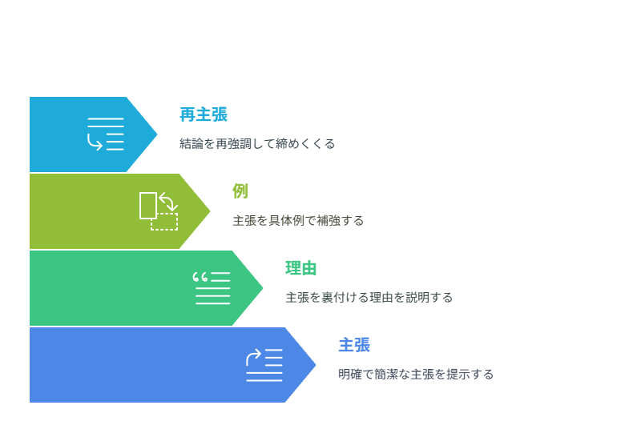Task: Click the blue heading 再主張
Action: (204, 114)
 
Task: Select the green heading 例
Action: (240, 191)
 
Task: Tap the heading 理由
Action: (301, 268)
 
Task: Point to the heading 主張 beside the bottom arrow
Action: (354, 345)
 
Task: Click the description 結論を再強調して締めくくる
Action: (257, 143)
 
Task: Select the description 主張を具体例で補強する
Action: (298, 220)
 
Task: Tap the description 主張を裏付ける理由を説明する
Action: (369, 297)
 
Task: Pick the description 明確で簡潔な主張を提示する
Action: (416, 374)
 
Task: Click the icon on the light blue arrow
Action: (106, 134)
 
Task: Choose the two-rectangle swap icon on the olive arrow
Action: (159, 211)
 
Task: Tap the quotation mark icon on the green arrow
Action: (212, 288)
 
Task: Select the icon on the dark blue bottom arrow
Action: (264, 365)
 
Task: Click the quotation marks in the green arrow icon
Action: (200, 277)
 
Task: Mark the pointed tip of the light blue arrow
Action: (157, 134)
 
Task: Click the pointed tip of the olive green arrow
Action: (210, 211)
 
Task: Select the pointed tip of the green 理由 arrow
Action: (263, 288)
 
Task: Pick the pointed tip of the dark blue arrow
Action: (316, 365)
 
